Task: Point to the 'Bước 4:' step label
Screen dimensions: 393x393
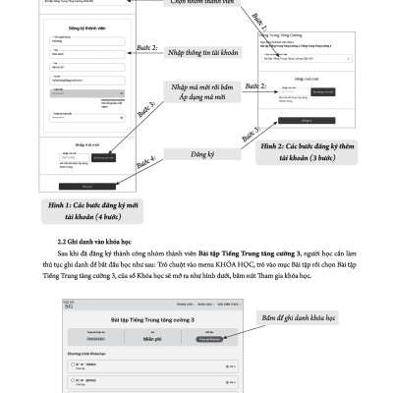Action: pos(145,163)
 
